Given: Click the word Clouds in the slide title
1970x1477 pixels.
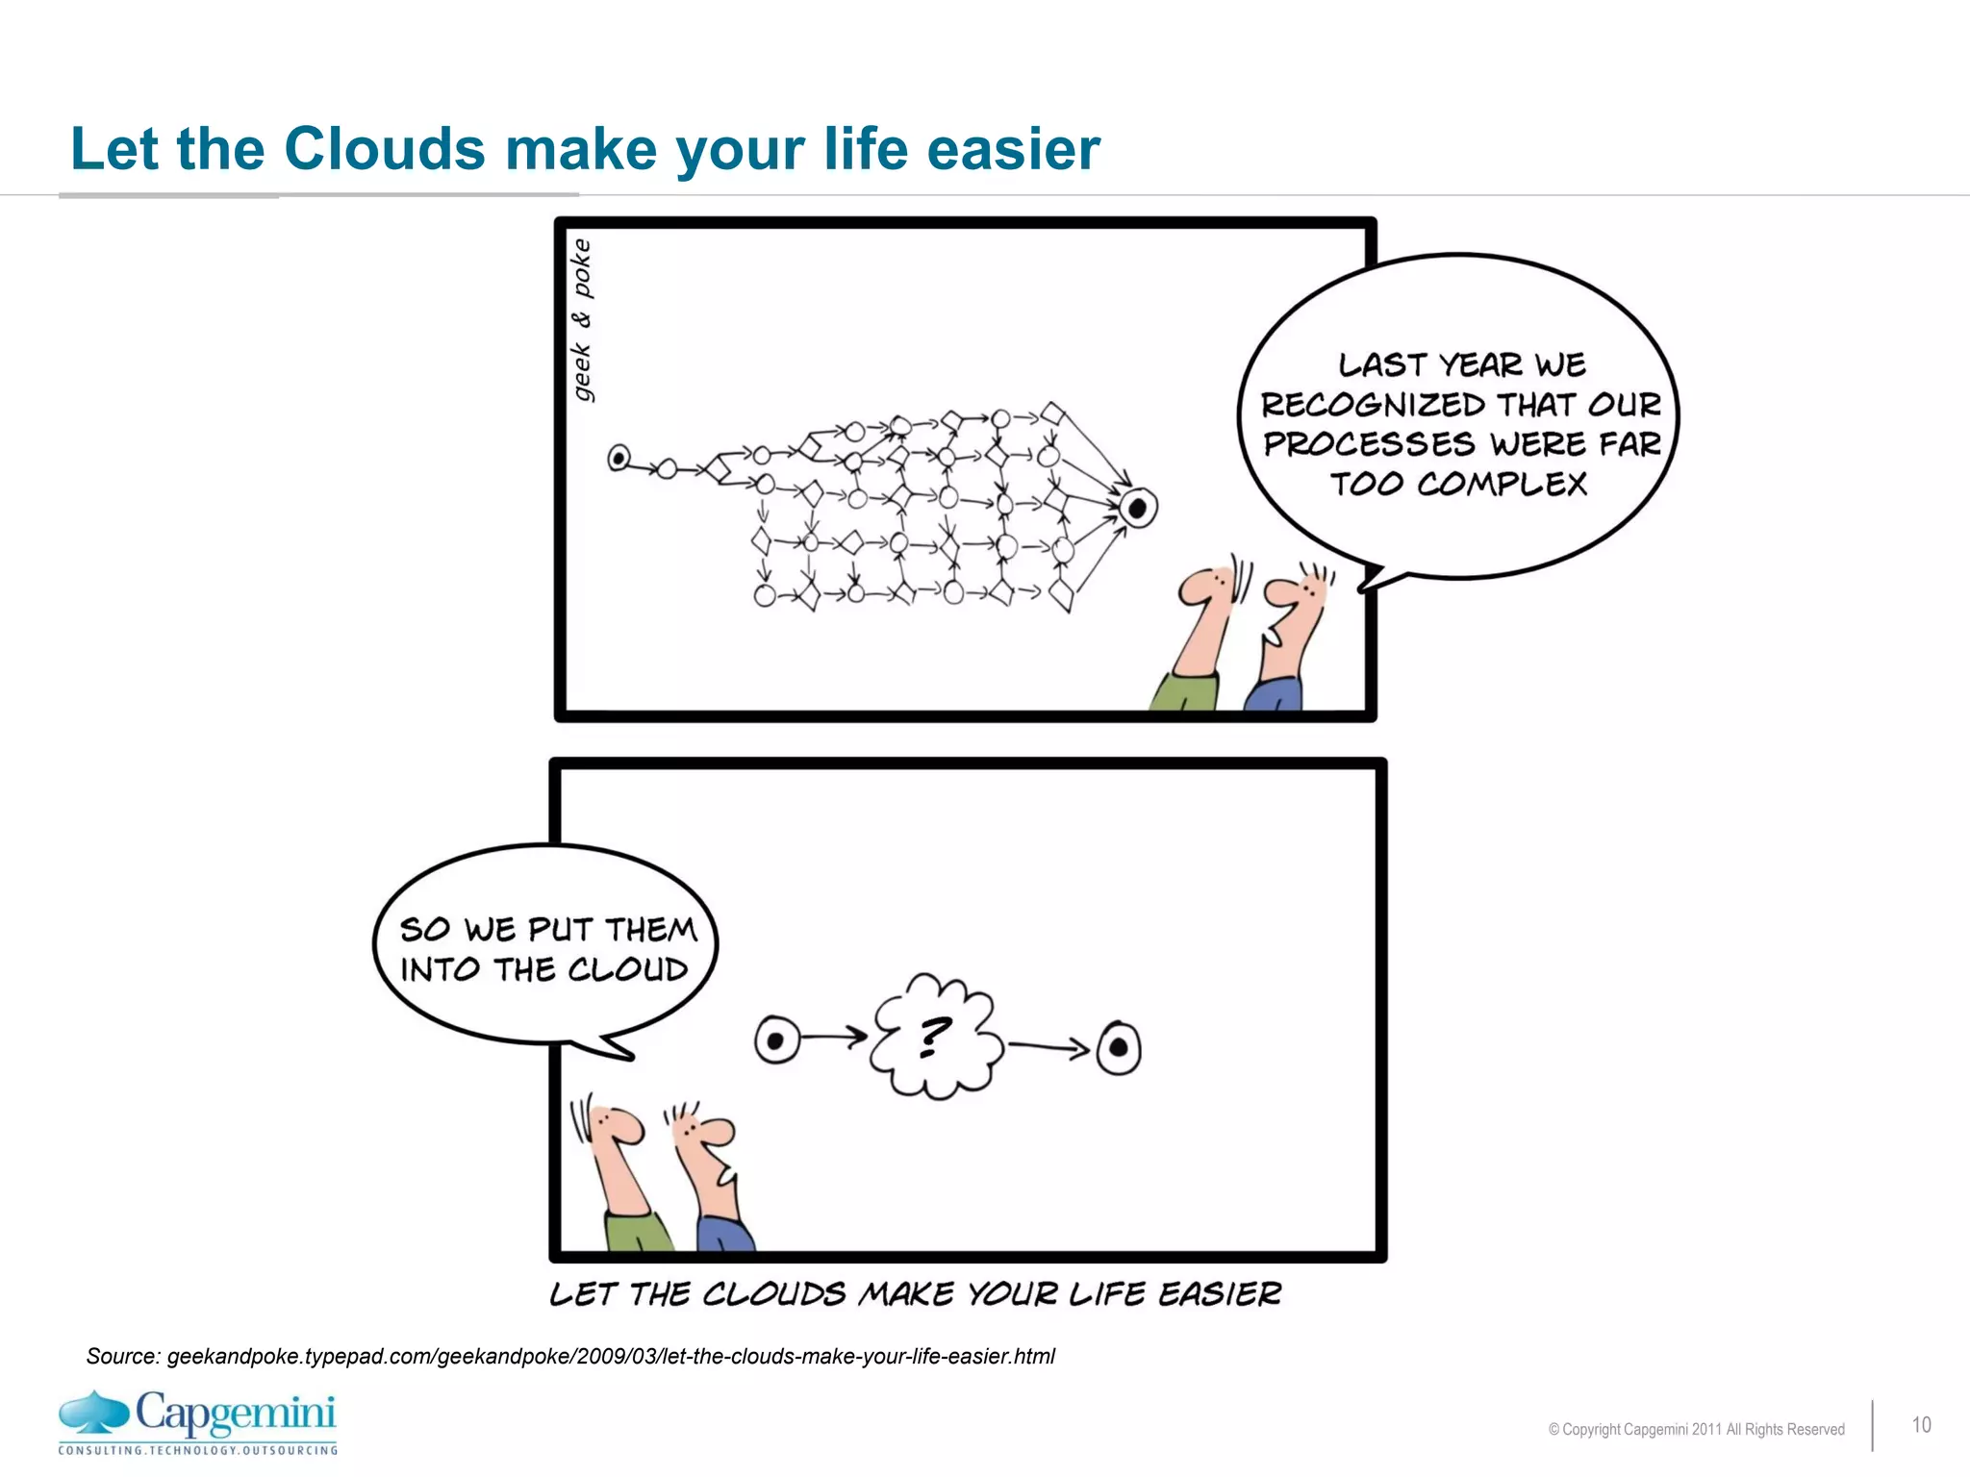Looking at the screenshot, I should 384,150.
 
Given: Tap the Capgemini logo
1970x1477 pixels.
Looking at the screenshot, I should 198,1421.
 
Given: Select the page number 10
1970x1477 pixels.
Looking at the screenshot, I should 1921,1425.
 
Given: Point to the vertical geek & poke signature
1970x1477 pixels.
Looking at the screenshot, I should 582,320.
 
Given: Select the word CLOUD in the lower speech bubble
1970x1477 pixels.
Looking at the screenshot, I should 628,969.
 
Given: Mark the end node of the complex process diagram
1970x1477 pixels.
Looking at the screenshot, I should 1138,507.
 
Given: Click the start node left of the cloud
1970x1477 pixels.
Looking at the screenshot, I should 777,1040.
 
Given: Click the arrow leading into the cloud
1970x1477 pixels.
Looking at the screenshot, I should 834,1037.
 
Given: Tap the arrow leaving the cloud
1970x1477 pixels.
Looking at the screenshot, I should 1048,1046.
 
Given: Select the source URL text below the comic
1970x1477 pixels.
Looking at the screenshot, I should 570,1356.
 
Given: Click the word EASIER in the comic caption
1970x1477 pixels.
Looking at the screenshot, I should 1220,1294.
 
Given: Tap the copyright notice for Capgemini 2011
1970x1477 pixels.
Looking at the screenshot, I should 1696,1430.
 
